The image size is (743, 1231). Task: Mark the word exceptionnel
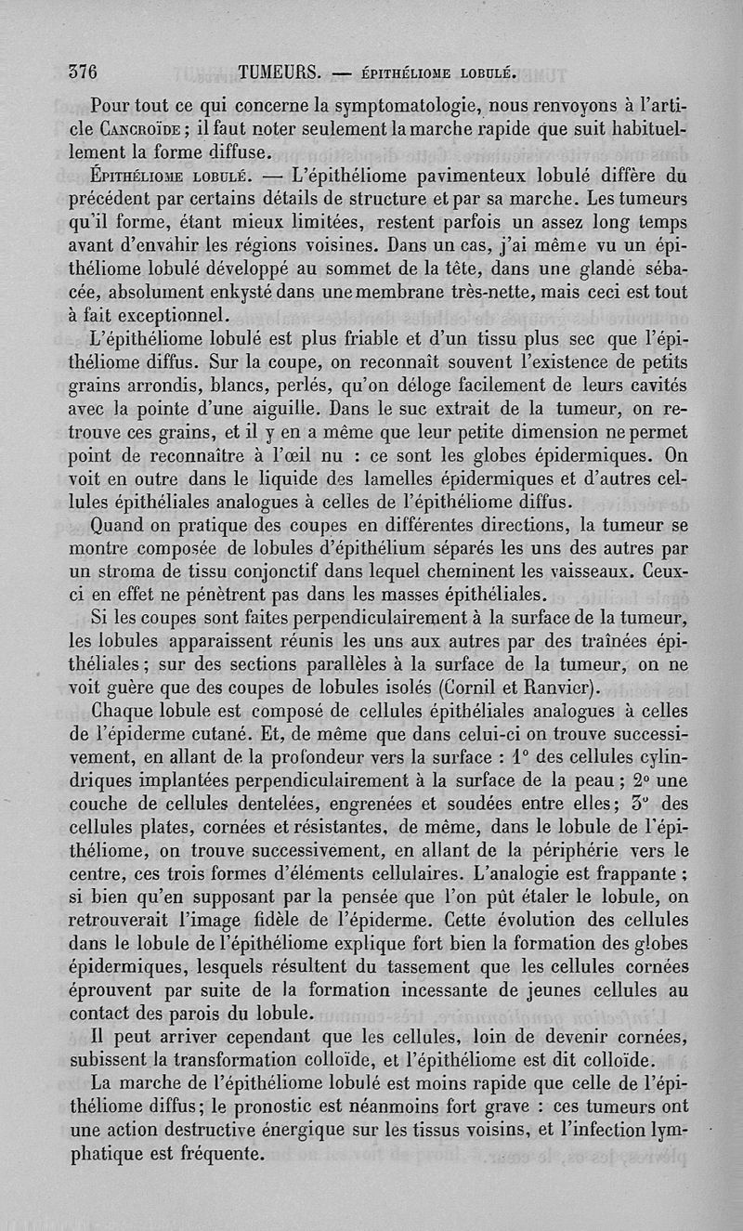click(x=170, y=316)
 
